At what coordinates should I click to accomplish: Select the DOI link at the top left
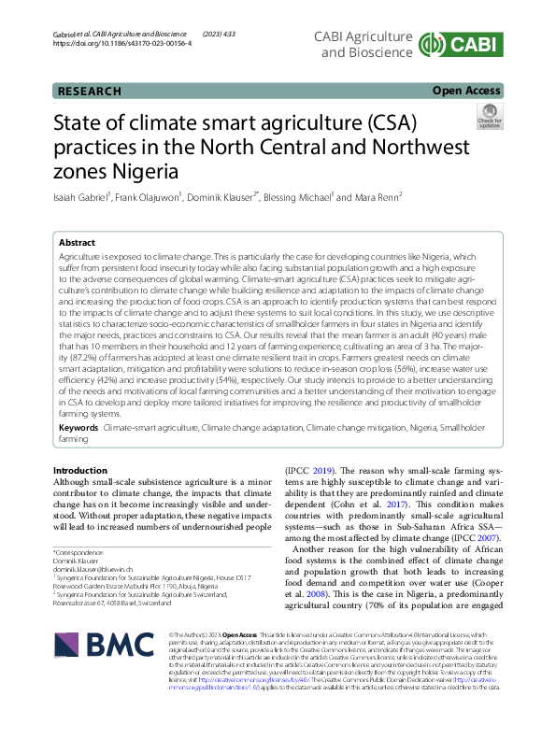(x=122, y=44)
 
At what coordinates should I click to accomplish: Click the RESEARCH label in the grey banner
(x=90, y=91)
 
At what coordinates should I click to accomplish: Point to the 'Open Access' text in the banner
(x=466, y=91)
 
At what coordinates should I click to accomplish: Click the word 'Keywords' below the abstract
(x=78, y=427)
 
